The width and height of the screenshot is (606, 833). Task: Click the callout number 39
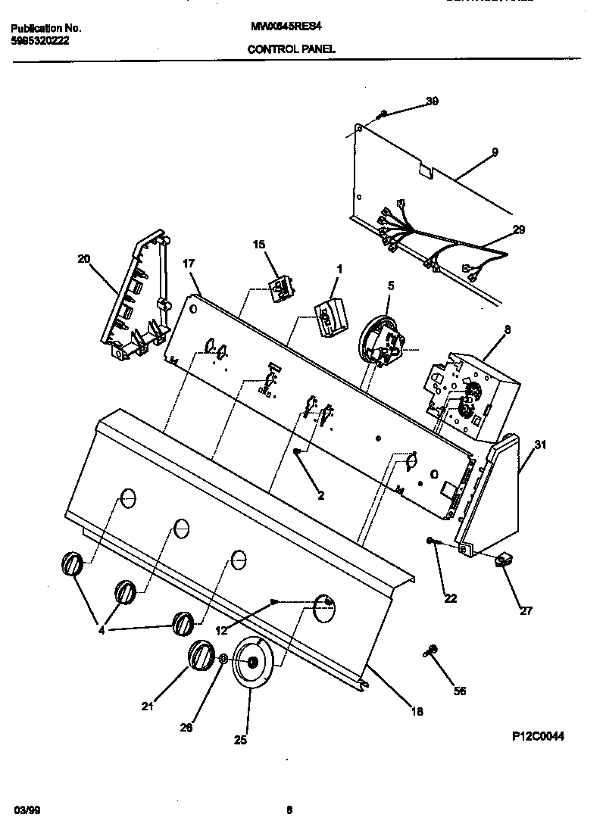coord(432,101)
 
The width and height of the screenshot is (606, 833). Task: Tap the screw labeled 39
coord(383,114)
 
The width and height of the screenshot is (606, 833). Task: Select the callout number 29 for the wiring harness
coord(518,229)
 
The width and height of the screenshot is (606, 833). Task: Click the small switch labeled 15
coord(283,286)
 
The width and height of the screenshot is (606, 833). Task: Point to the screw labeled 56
coord(432,650)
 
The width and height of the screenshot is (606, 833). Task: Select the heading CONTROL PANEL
coord(292,48)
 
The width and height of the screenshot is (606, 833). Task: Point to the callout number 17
coord(189,264)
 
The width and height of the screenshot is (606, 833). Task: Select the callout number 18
coord(416,711)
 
